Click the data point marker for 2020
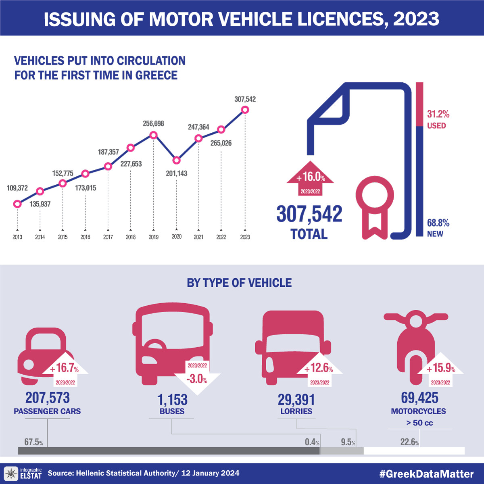pyautogui.click(x=176, y=160)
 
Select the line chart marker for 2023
pyautogui.click(x=244, y=110)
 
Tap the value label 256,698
pyautogui.click(x=153, y=123)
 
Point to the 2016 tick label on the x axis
pyautogui.click(x=85, y=237)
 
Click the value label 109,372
pyautogui.click(x=17, y=188)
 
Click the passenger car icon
pyautogui.click(x=40, y=355)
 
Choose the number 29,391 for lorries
pyautogui.click(x=296, y=400)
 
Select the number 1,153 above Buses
pyautogui.click(x=172, y=400)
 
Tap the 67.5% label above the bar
pyautogui.click(x=33, y=442)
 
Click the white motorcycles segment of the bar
pyautogui.click(x=414, y=451)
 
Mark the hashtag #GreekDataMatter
pyautogui.click(x=427, y=474)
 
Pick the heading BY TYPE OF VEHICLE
pyautogui.click(x=239, y=283)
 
